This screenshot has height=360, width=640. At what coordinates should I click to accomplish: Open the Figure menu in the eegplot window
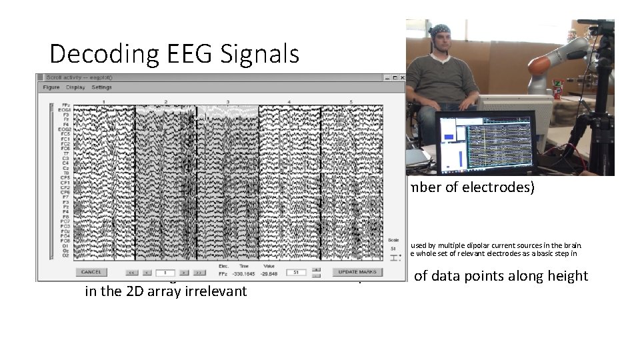tap(51, 87)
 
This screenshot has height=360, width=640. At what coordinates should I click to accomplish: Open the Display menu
tap(75, 87)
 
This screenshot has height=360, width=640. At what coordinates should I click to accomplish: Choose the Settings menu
tap(102, 87)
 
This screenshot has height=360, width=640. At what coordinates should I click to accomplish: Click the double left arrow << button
tap(131, 272)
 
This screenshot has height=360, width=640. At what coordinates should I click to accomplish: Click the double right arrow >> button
tap(199, 272)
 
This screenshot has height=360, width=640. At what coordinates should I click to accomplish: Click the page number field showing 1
tap(165, 272)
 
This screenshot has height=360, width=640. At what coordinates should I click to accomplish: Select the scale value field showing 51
tap(295, 272)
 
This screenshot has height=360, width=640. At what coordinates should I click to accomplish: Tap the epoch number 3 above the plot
tap(228, 101)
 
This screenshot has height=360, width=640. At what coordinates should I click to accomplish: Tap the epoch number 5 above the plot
tap(351, 101)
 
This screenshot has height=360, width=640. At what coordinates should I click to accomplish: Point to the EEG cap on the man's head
tap(439, 31)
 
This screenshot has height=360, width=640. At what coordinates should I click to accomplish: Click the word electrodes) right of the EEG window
tap(501, 187)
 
